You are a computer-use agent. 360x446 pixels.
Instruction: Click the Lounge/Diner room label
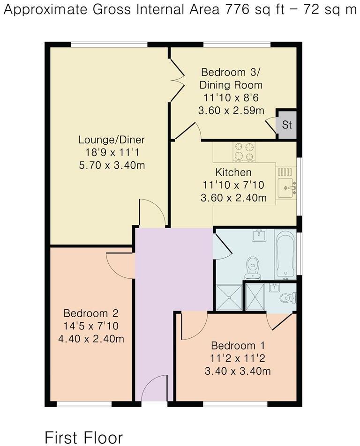(x=112, y=140)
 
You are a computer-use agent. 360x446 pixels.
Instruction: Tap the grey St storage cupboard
(x=286, y=125)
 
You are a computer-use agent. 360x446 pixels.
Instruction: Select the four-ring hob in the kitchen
(x=244, y=151)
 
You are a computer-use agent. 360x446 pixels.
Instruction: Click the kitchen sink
(x=285, y=185)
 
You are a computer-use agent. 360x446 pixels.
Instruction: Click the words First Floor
(x=83, y=437)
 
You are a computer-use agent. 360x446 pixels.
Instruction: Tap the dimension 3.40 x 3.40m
(x=238, y=372)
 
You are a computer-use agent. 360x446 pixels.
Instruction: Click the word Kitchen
(x=233, y=172)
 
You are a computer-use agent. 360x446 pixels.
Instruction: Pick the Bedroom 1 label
(x=238, y=346)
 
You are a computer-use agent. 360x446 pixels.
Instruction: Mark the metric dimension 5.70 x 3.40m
(x=112, y=165)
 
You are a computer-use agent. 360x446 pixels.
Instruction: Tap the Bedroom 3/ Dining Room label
(x=231, y=79)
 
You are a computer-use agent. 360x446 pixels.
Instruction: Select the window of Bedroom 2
(x=84, y=404)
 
